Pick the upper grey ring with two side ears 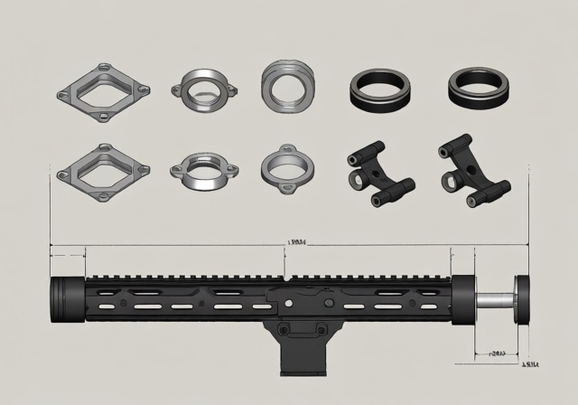pyautogui.click(x=206, y=90)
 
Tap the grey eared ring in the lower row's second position pyautogui.click(x=207, y=169)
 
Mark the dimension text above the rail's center pyautogui.click(x=295, y=242)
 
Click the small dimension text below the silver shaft pyautogui.click(x=496, y=353)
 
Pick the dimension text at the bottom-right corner pyautogui.click(x=530, y=365)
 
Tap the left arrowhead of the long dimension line pyautogui.click(x=52, y=244)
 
